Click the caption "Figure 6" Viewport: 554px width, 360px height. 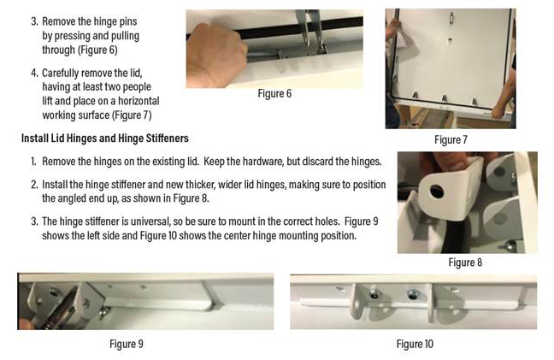(x=274, y=93)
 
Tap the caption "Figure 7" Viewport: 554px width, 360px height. (x=451, y=140)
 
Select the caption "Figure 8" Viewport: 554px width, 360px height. (x=465, y=263)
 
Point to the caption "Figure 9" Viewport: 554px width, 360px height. (x=127, y=344)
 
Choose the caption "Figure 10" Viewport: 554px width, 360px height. (x=415, y=344)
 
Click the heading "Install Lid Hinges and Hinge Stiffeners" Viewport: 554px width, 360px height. (x=105, y=139)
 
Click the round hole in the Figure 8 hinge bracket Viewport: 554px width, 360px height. (x=437, y=192)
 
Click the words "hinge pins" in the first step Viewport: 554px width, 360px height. (x=115, y=22)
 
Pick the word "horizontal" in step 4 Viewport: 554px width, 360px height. (x=138, y=101)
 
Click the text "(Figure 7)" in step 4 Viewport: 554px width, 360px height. (x=132, y=115)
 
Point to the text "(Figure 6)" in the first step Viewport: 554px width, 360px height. (x=97, y=50)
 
